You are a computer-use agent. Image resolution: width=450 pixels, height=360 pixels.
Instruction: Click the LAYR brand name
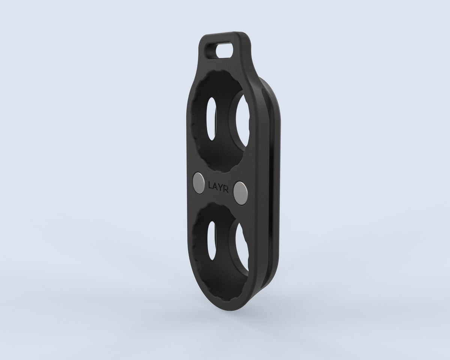218,187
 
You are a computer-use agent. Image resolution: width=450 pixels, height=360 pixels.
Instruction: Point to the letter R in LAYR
226,189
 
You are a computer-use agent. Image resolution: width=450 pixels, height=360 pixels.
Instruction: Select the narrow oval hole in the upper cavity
211,118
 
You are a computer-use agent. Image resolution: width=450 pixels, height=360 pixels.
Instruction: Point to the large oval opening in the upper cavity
243,121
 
